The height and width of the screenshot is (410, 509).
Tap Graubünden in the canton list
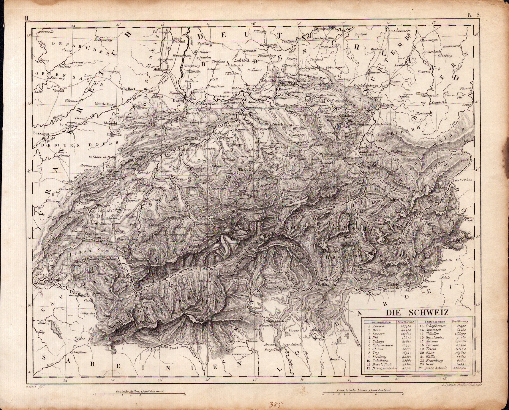(437, 337)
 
